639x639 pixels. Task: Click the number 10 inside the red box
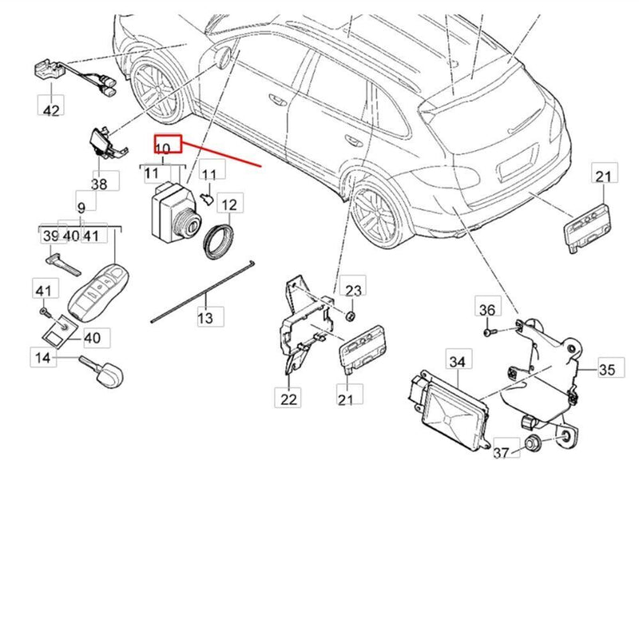(163, 149)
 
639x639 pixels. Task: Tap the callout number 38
(99, 183)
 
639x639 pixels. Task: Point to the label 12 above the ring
(228, 205)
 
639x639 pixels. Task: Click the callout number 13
(206, 319)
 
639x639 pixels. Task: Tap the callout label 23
(353, 290)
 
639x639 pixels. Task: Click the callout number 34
(455, 362)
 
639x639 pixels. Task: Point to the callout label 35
(607, 369)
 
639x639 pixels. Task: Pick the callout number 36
(486, 309)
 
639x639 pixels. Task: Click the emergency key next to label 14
(105, 368)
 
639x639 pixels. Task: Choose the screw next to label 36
(489, 328)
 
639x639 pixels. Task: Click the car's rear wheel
(372, 212)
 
